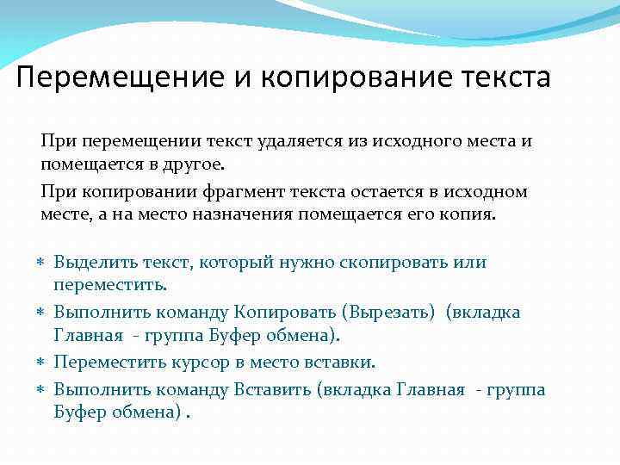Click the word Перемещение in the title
[x=123, y=78]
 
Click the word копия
[x=471, y=214]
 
